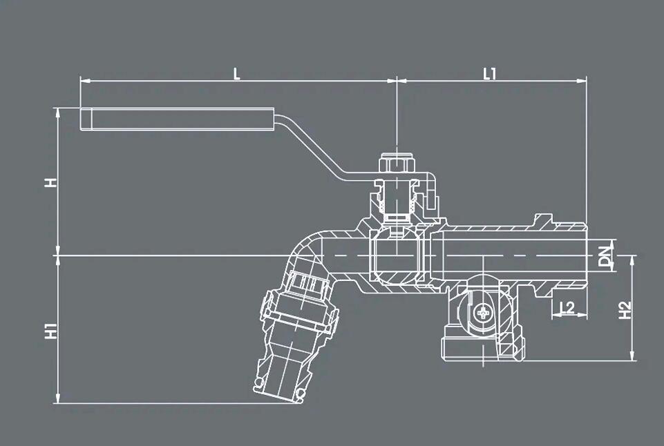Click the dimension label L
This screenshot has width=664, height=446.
pos(237,73)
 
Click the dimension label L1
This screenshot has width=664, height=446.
pos(490,73)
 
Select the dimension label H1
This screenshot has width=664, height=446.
pos(50,330)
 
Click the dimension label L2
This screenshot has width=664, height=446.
pos(567,308)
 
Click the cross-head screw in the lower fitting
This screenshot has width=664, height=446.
pos(482,314)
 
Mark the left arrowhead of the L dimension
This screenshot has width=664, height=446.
pos(84,81)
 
